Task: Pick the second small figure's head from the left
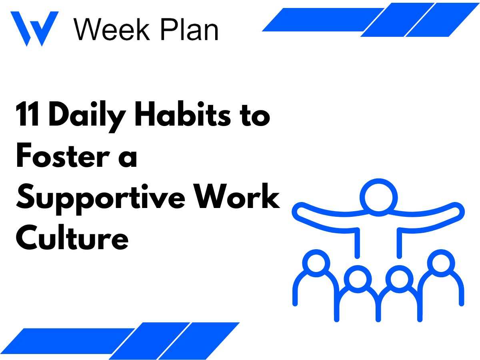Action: [357, 279]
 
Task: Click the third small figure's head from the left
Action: [399, 279]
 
